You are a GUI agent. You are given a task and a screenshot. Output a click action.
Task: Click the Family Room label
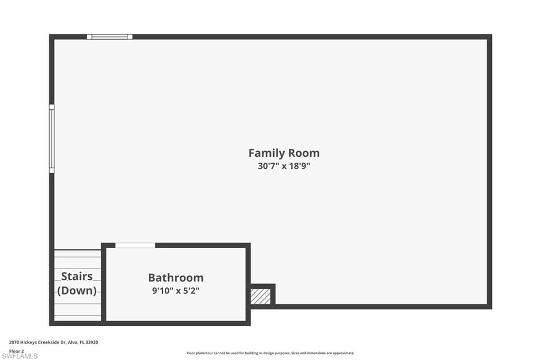click(x=284, y=153)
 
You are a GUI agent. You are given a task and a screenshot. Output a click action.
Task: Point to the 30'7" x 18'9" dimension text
click(x=284, y=166)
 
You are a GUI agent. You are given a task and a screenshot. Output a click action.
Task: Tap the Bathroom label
click(x=175, y=278)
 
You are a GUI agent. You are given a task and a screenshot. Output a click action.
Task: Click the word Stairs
click(x=77, y=276)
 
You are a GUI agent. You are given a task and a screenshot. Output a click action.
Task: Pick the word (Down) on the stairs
click(x=77, y=290)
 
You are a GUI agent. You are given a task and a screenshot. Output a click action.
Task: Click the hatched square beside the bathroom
click(x=260, y=296)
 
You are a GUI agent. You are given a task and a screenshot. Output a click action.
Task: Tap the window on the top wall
click(x=109, y=37)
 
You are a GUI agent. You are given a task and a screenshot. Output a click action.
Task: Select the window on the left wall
click(x=52, y=138)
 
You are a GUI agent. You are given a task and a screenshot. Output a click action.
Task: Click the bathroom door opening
click(x=135, y=245)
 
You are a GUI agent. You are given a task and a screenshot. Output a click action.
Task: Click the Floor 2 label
click(x=16, y=350)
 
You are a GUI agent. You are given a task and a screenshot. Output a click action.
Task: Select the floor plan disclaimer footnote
click(x=270, y=353)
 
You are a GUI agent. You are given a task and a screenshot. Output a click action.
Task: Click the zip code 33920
click(x=92, y=342)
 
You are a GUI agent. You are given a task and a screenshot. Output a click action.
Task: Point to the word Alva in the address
click(x=72, y=342)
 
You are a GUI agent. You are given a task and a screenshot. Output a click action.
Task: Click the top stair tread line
click(x=78, y=257)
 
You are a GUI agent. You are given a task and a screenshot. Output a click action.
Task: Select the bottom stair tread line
click(x=78, y=316)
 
